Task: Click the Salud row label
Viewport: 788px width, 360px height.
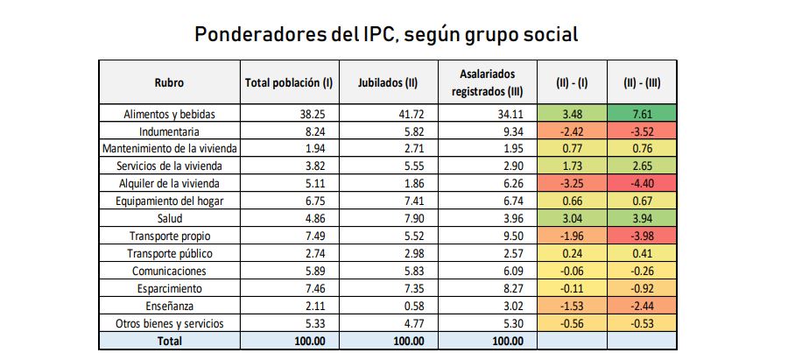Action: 169,219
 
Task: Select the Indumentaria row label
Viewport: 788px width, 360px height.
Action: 169,131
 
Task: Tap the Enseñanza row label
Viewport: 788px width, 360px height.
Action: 169,306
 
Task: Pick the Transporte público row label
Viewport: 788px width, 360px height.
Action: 169,253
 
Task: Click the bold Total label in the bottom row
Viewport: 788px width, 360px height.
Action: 169,340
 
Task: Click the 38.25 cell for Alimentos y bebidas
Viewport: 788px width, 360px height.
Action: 312,114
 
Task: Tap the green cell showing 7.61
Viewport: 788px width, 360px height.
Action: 642,114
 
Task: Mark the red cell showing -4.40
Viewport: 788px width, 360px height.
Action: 642,184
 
